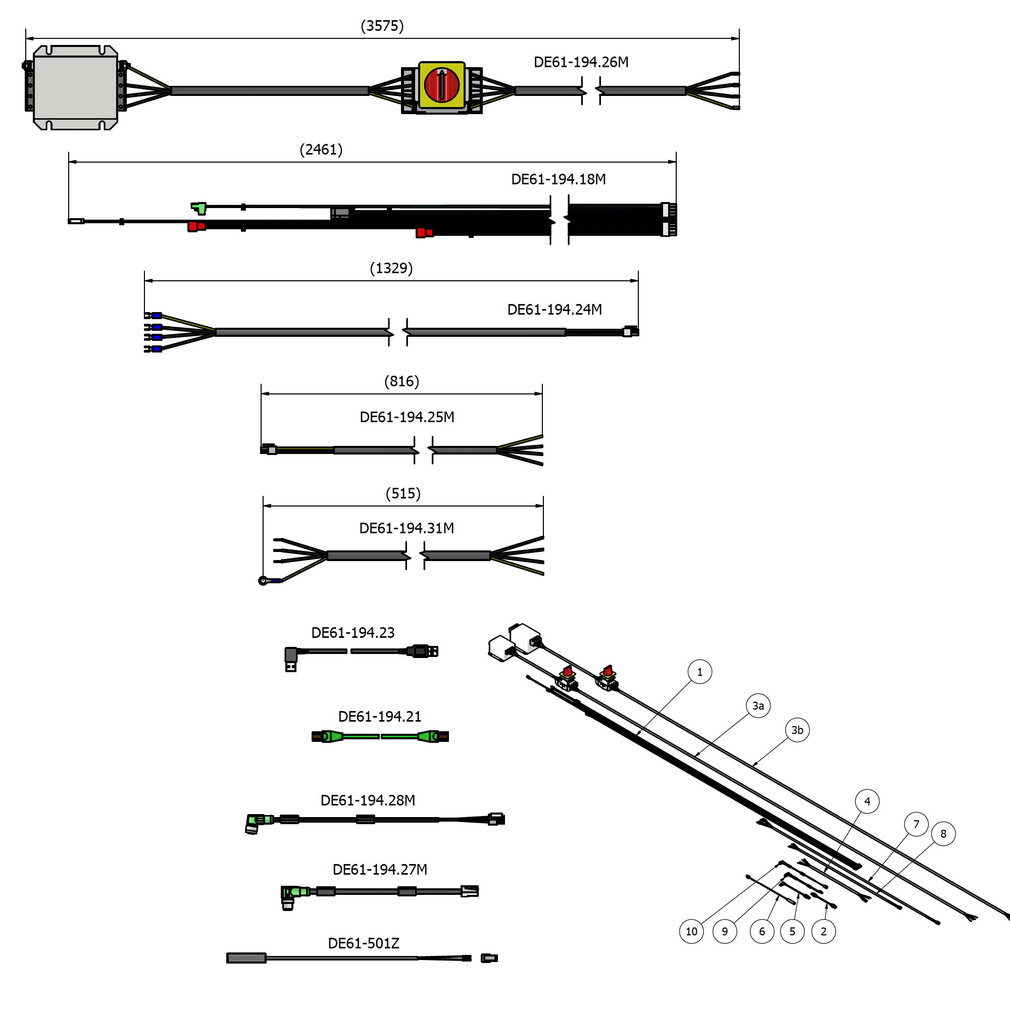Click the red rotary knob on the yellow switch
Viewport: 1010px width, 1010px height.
coord(441,85)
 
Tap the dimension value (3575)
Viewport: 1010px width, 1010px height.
coord(382,26)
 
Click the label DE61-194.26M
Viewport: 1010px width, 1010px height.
coord(581,62)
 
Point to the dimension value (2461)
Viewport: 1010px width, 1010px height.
coord(321,149)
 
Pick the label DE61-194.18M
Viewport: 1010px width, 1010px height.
coord(559,179)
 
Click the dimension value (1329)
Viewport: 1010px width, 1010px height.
coord(391,268)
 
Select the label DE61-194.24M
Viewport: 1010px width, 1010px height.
coord(554,310)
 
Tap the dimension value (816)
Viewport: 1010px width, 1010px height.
coord(401,381)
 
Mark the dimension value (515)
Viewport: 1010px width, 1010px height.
coord(403,493)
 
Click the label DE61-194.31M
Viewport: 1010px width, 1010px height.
coord(406,528)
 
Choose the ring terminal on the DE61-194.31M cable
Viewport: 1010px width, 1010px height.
coord(264,581)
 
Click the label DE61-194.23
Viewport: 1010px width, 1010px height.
coord(353,633)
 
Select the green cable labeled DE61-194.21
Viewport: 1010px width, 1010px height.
coord(380,737)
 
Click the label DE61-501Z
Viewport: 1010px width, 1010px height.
coord(363,943)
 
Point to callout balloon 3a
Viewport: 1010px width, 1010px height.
coord(758,706)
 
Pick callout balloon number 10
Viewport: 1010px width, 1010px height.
coord(691,932)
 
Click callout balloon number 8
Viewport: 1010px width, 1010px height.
coord(943,834)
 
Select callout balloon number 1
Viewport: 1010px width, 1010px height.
coord(700,672)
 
